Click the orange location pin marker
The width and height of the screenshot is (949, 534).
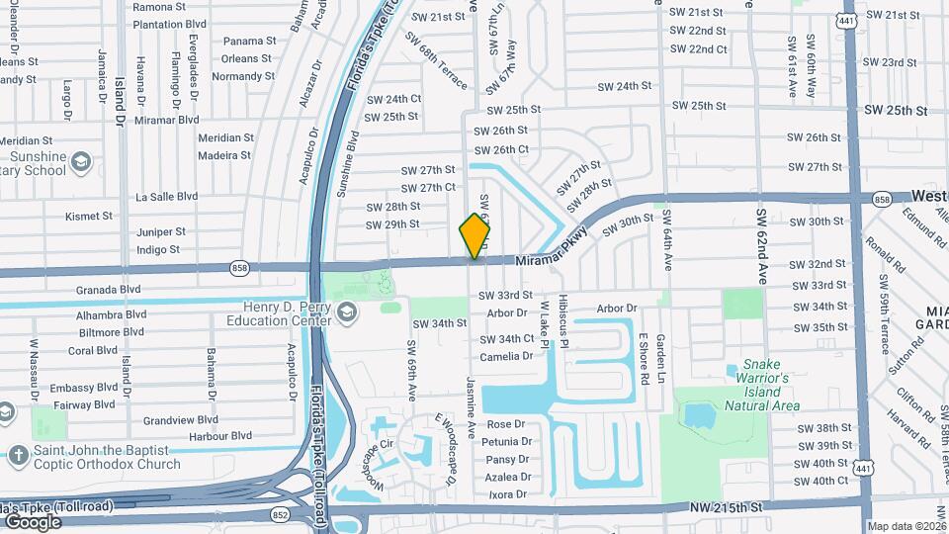point(475,236)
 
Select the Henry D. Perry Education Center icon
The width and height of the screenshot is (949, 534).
point(346,313)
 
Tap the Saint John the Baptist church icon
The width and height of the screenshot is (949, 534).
point(18,456)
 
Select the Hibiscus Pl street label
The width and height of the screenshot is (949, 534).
point(562,320)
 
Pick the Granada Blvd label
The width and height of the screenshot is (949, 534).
point(108,290)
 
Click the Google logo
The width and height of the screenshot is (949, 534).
point(33,521)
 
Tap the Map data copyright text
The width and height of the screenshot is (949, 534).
point(906,526)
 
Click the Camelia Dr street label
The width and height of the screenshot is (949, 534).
point(506,356)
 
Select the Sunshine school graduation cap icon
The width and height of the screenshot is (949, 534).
point(82,162)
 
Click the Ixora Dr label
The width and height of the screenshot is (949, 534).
point(507,493)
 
